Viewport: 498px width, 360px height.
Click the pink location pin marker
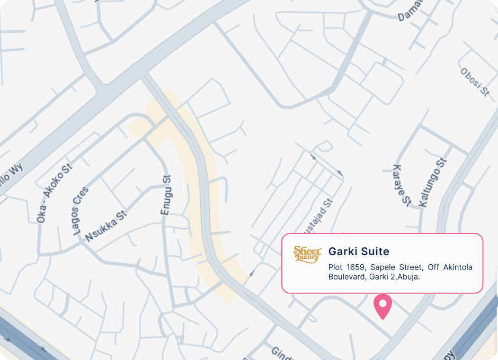click(x=382, y=305)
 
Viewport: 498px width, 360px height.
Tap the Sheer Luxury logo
click(x=307, y=254)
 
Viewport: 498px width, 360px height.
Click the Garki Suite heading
click(x=359, y=251)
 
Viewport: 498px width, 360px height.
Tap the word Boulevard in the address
click(x=346, y=276)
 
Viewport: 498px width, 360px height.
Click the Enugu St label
click(x=166, y=195)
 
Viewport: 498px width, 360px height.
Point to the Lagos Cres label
click(x=81, y=211)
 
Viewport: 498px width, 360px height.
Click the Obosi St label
click(x=475, y=82)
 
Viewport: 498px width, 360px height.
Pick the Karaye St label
click(x=402, y=185)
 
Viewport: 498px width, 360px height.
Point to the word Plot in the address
click(x=335, y=267)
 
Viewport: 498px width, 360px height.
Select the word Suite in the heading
click(x=375, y=251)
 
